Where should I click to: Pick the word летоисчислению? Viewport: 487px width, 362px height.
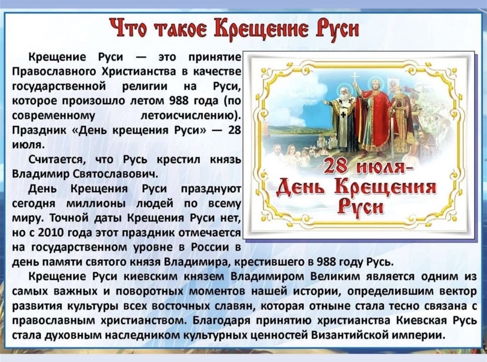pyautogui.click(x=191, y=116)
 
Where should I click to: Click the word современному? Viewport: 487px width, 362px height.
pyautogui.click(x=54, y=116)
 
